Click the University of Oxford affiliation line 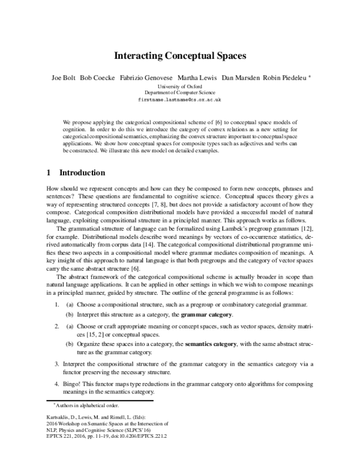179,87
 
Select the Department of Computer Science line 179,94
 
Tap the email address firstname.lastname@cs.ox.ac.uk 179,101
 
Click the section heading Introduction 80,173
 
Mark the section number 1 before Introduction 49,173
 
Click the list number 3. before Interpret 57,364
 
